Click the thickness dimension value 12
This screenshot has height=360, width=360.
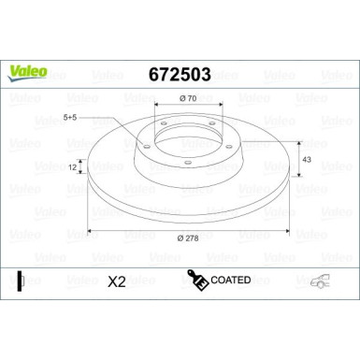(x=73, y=166)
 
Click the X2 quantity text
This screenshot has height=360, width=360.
(x=118, y=281)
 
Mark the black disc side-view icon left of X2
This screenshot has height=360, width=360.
(x=20, y=281)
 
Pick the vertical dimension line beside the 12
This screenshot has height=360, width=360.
(x=82, y=168)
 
